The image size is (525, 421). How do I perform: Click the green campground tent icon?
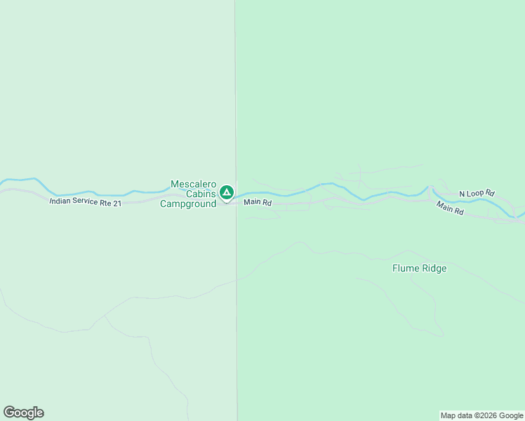(226, 192)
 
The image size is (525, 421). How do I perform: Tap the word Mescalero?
(194, 185)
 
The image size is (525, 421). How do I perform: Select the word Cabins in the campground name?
(201, 194)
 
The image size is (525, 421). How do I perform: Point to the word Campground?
(188, 204)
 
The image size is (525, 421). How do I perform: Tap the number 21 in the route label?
(117, 203)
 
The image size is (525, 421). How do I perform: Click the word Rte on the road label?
(105, 203)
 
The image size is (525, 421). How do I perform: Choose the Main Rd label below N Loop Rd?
(449, 208)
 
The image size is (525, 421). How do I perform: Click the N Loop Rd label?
(477, 193)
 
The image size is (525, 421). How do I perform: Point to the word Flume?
(405, 268)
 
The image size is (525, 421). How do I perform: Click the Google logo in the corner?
(23, 413)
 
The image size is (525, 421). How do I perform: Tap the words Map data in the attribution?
(457, 416)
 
